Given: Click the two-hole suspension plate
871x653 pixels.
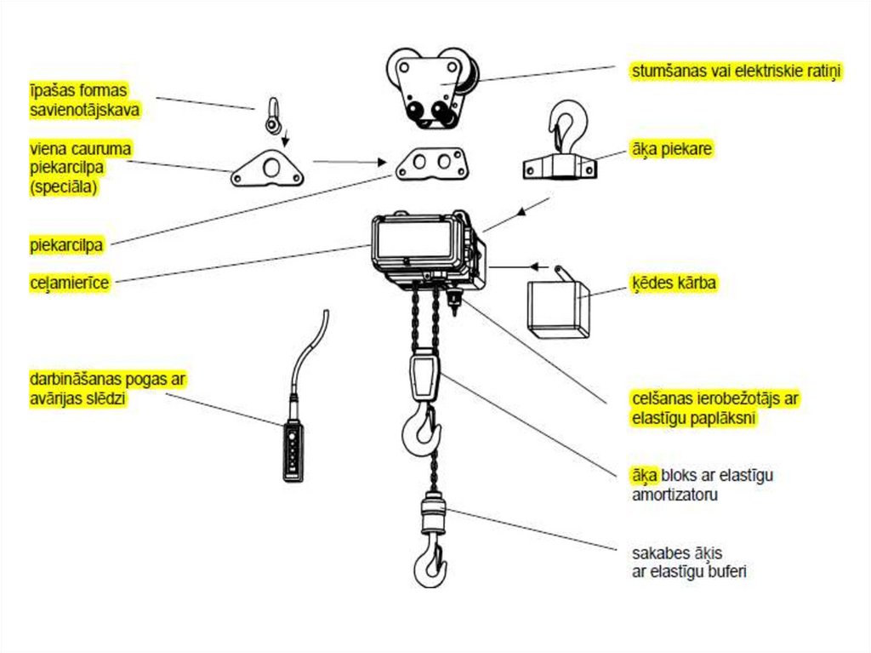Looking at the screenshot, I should click(x=430, y=162).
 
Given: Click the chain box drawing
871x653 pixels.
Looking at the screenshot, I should click(x=558, y=306).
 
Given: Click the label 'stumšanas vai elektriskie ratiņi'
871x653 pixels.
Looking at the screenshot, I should click(x=736, y=71).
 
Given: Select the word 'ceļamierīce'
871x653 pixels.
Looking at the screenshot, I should click(x=69, y=283).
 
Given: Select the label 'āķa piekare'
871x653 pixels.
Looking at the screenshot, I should click(x=671, y=148).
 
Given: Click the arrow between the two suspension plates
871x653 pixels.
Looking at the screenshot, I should click(x=345, y=161).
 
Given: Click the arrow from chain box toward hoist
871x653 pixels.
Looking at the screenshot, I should click(x=510, y=267).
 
